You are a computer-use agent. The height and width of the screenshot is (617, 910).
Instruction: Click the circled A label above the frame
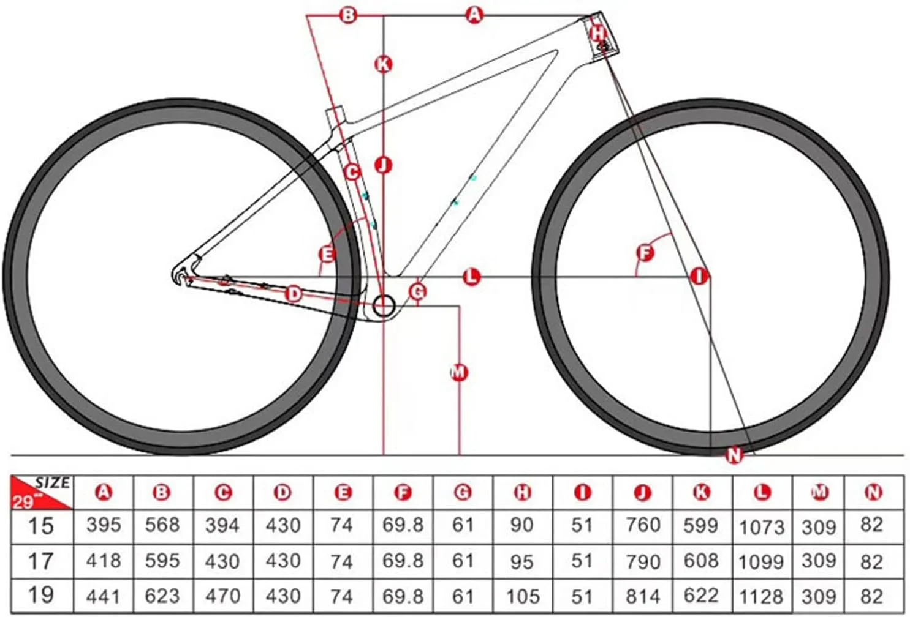point(474,15)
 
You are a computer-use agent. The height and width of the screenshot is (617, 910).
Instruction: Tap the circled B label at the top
point(348,15)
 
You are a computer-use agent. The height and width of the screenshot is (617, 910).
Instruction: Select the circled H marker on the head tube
point(597,33)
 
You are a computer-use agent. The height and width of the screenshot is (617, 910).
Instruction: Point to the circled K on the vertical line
point(384,64)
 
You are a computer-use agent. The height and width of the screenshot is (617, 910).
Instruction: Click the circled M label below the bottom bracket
point(459,372)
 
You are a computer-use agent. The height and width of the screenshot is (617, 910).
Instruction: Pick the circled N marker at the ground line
point(734,455)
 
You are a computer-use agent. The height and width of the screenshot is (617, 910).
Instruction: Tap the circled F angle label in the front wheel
point(645,252)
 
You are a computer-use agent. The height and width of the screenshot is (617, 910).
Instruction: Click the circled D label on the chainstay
point(294,294)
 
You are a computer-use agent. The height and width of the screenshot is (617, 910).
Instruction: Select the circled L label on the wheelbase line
point(471,277)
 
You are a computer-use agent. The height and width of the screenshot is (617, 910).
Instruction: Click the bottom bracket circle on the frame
point(384,306)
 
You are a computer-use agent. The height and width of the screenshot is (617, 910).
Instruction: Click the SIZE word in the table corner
point(53,482)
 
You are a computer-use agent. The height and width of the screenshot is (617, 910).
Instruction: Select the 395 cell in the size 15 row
point(104,525)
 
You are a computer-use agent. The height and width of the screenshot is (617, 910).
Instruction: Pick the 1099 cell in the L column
point(761,562)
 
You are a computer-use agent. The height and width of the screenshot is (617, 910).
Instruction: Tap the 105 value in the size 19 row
point(523,597)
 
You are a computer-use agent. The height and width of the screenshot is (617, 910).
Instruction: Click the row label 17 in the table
point(40,561)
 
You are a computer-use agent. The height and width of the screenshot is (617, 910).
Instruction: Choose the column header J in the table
point(642,493)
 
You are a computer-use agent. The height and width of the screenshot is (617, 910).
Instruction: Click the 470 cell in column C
point(222,596)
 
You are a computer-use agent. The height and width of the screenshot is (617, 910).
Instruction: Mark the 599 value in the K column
point(701,525)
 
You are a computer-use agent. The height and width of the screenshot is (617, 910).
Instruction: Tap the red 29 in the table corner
point(23,502)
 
